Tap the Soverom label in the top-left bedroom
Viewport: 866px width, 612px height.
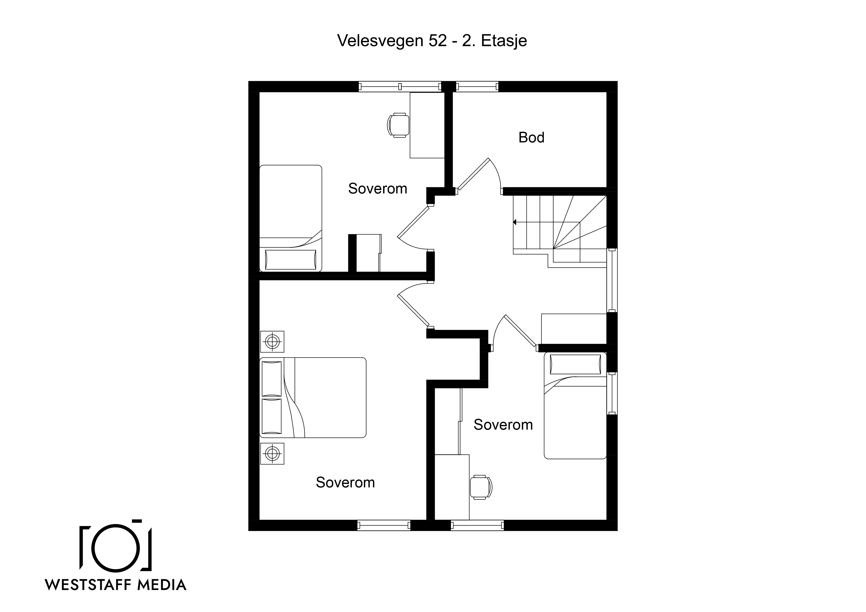coord(377,189)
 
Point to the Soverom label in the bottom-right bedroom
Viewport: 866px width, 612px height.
coord(503,425)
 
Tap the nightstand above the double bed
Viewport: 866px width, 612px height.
coord(272,342)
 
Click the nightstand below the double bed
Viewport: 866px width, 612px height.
coord(272,453)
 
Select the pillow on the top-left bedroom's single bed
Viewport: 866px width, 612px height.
coord(290,260)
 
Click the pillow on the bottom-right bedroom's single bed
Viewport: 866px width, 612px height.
coord(575,364)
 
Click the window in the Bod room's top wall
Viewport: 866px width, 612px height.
coord(477,87)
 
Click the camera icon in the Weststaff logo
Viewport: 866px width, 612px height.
coord(116,544)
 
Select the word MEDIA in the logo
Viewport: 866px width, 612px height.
coord(162,584)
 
